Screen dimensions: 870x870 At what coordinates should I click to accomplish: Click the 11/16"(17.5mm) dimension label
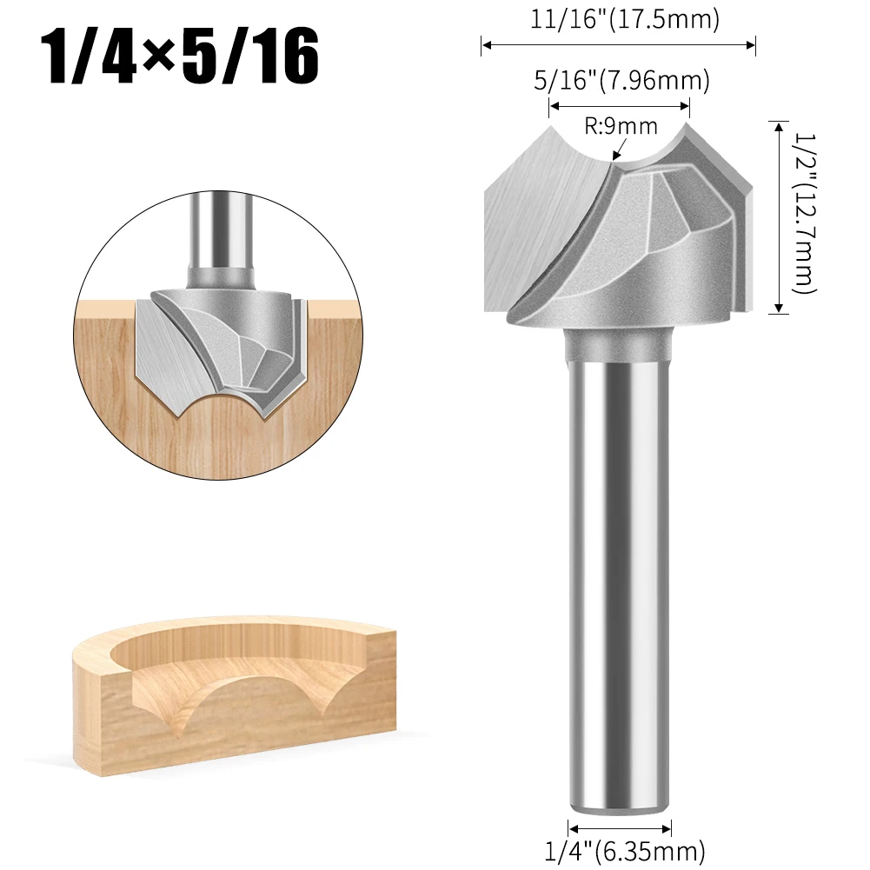(x=625, y=19)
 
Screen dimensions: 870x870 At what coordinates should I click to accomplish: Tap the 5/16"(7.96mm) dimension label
(x=621, y=82)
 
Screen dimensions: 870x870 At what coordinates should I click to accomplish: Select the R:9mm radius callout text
(x=621, y=127)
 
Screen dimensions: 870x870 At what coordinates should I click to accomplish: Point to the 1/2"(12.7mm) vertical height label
(x=803, y=216)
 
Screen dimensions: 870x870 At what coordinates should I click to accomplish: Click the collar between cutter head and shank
(x=620, y=344)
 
